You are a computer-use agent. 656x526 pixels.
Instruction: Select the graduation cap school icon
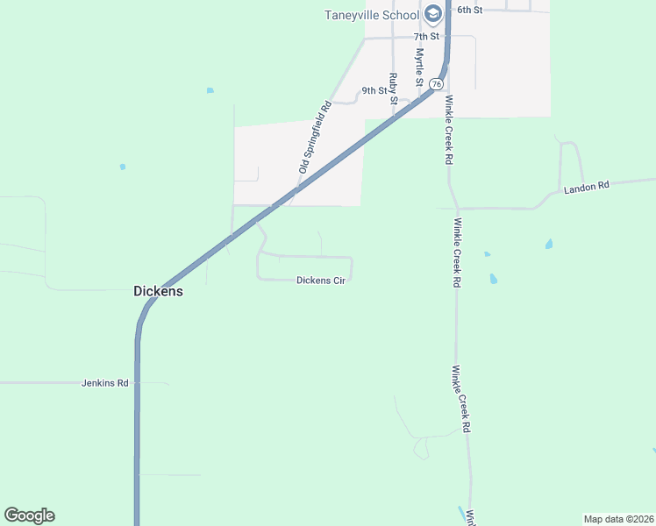point(432,14)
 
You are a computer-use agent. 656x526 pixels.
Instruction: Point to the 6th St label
point(470,9)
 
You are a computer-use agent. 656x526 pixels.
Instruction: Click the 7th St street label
point(427,37)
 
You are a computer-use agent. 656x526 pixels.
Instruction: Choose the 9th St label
point(374,90)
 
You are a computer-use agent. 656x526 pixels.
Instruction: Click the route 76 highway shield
point(437,82)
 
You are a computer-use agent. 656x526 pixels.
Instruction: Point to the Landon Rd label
point(586,188)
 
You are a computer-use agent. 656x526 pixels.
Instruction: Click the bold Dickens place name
point(158,291)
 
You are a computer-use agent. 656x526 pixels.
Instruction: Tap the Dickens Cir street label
point(321,281)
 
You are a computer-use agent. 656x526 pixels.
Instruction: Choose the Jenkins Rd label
point(105,383)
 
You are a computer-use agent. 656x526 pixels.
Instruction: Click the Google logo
point(29,515)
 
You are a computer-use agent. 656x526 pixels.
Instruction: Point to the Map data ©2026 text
point(618,519)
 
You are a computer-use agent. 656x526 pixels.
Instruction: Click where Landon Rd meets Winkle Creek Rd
point(455,209)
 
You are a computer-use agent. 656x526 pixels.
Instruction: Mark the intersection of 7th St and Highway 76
point(447,38)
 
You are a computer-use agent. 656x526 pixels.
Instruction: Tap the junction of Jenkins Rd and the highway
point(138,383)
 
